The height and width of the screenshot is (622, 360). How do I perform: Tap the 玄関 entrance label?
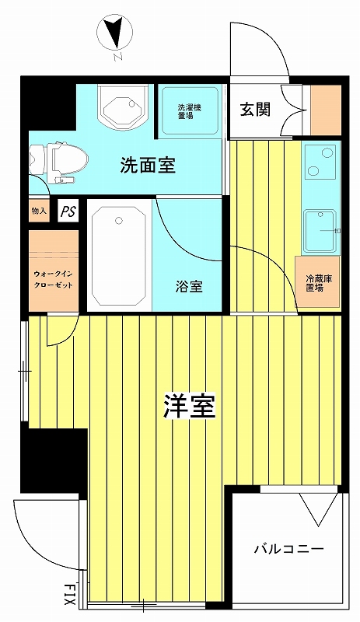tap(254, 109)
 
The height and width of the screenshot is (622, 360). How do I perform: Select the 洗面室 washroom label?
tap(147, 165)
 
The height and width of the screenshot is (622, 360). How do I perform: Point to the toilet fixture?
tap(53, 161)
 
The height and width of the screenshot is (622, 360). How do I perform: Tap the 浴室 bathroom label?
tap(189, 286)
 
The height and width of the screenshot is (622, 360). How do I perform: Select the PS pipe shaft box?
tap(68, 211)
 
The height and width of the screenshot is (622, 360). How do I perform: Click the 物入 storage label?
tap(39, 211)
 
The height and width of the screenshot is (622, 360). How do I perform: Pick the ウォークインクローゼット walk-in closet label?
tap(54, 279)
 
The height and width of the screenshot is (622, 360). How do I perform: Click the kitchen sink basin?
tap(320, 229)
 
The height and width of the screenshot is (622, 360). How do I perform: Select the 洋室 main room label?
tap(189, 406)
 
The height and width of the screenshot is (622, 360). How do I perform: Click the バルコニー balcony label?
tap(288, 549)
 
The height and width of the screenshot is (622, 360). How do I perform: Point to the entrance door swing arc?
tap(260, 51)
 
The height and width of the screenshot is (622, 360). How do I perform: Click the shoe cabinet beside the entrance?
tap(325, 110)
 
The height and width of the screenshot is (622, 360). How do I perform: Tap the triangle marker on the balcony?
tap(318, 510)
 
